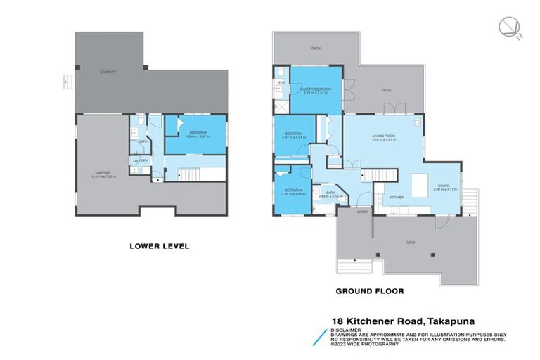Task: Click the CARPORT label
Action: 108,72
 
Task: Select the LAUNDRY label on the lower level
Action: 141,161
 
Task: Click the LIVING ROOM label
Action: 384,136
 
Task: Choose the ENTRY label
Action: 363,212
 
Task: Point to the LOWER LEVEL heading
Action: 160,246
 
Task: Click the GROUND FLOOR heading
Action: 370,290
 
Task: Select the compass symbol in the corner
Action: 508,28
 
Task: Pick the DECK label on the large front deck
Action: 411,243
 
